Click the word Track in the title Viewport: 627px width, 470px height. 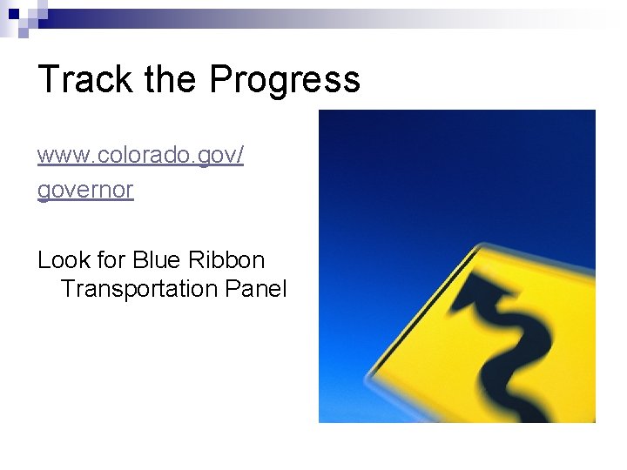point(84,79)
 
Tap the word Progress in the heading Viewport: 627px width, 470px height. point(285,80)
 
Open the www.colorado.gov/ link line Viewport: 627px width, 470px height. point(140,156)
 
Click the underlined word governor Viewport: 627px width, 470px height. point(85,189)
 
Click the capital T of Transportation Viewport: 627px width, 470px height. point(68,289)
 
